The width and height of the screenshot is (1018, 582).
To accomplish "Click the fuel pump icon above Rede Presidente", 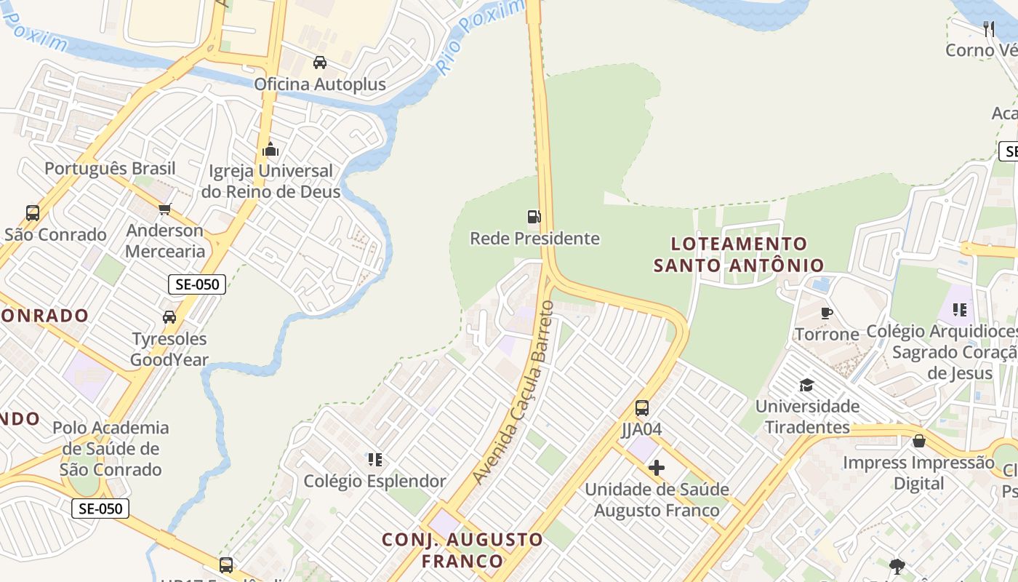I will tap(534, 216).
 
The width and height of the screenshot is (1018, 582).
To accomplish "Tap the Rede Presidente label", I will tap(534, 239).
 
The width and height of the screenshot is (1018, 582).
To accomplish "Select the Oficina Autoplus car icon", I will tap(320, 63).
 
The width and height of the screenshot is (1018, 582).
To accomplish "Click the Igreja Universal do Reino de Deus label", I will tap(270, 181).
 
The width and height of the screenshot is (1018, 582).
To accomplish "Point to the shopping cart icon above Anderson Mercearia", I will tap(165, 210).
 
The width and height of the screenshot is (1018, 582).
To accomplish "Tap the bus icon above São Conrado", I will tap(33, 213).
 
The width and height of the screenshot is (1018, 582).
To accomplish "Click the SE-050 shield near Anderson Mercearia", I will tap(197, 284).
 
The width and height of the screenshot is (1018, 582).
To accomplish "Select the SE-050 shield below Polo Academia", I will tap(100, 509).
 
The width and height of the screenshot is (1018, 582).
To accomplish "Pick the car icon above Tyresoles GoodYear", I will tap(169, 317).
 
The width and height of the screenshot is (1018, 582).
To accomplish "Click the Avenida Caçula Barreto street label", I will tap(513, 393).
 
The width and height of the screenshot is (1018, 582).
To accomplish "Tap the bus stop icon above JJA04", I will tap(642, 408).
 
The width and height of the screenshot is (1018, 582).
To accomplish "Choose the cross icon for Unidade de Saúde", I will tap(657, 468).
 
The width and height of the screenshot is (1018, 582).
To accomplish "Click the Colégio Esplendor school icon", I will tap(375, 459).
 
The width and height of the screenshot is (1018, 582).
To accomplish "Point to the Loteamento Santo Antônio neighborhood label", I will tap(739, 255).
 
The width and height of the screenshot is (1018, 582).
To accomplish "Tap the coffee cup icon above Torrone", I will tap(827, 314).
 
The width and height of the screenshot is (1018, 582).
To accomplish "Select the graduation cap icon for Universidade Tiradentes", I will tap(806, 385).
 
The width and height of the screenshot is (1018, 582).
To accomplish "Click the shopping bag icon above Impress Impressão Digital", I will tap(919, 441).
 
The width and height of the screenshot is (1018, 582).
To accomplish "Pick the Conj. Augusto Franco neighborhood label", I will tap(462, 550).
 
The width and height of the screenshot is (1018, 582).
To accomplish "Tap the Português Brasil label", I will tap(111, 169).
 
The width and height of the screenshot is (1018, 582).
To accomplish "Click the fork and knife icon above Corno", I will tap(988, 29).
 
